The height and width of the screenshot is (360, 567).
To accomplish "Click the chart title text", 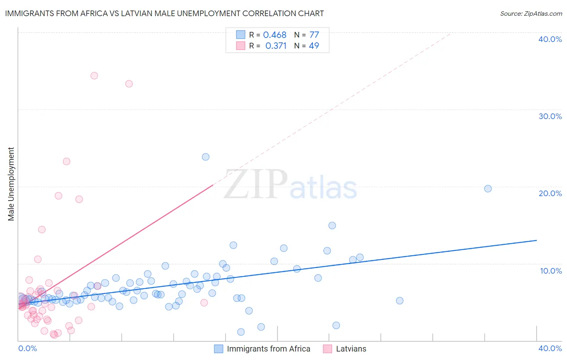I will pyautogui.click(x=164, y=14).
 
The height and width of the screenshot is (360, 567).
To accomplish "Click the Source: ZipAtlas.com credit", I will pyautogui.click(x=531, y=14).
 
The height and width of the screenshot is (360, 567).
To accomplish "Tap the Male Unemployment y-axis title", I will pyautogui.click(x=11, y=184).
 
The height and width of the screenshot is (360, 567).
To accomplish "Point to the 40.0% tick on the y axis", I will pyautogui.click(x=550, y=39).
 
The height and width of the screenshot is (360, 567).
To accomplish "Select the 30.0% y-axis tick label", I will pyautogui.click(x=550, y=116).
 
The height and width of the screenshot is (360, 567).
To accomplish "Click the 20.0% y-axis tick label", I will pyautogui.click(x=550, y=193).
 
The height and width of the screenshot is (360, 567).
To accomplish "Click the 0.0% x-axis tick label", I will pyautogui.click(x=27, y=348).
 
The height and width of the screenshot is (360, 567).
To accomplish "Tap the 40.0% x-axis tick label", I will pyautogui.click(x=550, y=348).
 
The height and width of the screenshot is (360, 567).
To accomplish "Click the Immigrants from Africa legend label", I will pyautogui.click(x=269, y=349).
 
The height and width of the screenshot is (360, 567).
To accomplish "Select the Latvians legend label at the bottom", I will pyautogui.click(x=351, y=349).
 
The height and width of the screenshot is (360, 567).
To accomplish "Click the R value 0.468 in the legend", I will pyautogui.click(x=275, y=35).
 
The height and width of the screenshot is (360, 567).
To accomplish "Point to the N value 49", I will pyautogui.click(x=314, y=46).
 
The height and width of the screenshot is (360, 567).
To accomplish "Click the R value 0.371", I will pyautogui.click(x=276, y=46).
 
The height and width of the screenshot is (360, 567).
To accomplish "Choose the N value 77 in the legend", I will pyautogui.click(x=314, y=35).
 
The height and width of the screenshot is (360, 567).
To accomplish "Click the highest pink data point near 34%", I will pyautogui.click(x=94, y=75).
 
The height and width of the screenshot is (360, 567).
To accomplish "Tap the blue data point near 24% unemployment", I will pyautogui.click(x=206, y=157).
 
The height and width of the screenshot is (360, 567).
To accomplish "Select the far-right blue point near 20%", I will pyautogui.click(x=488, y=188).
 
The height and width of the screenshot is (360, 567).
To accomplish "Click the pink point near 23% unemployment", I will pyautogui.click(x=67, y=161).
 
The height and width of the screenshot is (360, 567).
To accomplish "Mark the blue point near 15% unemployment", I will pyautogui.click(x=332, y=226).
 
